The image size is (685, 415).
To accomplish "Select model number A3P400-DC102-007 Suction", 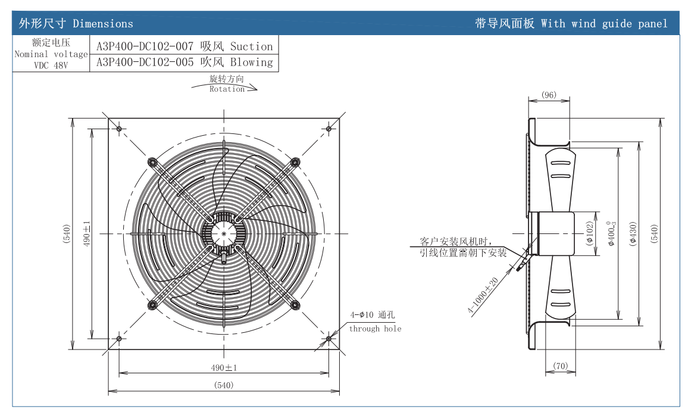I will [184, 46].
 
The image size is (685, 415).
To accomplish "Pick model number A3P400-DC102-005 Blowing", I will [184, 62].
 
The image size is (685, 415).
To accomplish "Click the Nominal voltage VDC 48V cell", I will [51, 54].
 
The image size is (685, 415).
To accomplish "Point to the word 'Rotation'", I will [227, 89].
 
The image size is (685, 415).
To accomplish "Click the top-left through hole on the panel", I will [119, 129].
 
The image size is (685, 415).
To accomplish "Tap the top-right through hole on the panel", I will [329, 128].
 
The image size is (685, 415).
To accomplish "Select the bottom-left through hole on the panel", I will [119, 338].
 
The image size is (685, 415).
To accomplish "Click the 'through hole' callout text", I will [375, 329].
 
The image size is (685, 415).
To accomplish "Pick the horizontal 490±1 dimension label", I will [224, 367].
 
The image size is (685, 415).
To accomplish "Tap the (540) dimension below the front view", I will [223, 385].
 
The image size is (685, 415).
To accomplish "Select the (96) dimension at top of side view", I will [549, 95].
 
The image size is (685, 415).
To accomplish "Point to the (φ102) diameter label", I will [590, 233].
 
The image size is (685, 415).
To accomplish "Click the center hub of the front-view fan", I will [224, 234].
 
